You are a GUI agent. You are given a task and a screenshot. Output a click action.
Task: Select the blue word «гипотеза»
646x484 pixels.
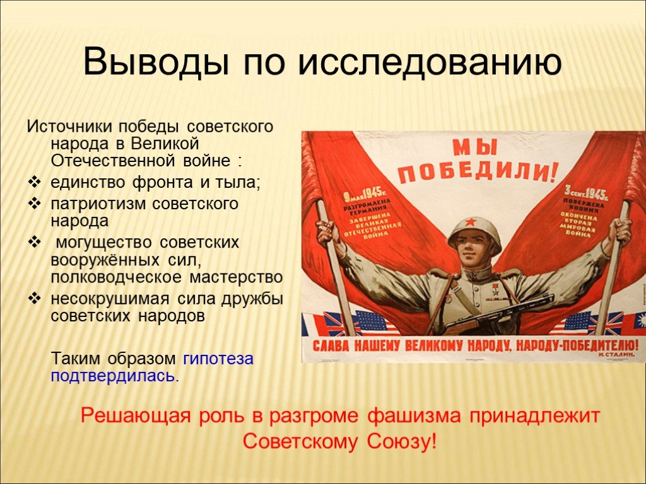(x=218, y=359)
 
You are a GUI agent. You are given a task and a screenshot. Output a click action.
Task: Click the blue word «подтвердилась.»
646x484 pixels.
(x=115, y=376)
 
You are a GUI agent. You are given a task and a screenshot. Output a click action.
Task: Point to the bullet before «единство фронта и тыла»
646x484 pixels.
(x=35, y=183)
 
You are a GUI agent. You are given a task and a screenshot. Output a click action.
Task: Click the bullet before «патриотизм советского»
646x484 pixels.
(x=35, y=204)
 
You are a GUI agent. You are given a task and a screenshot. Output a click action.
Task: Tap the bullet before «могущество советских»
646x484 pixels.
(x=35, y=242)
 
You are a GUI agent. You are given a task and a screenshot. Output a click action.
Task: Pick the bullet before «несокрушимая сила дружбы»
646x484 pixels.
(x=35, y=297)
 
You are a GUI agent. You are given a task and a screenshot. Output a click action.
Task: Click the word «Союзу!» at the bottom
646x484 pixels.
(x=401, y=441)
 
